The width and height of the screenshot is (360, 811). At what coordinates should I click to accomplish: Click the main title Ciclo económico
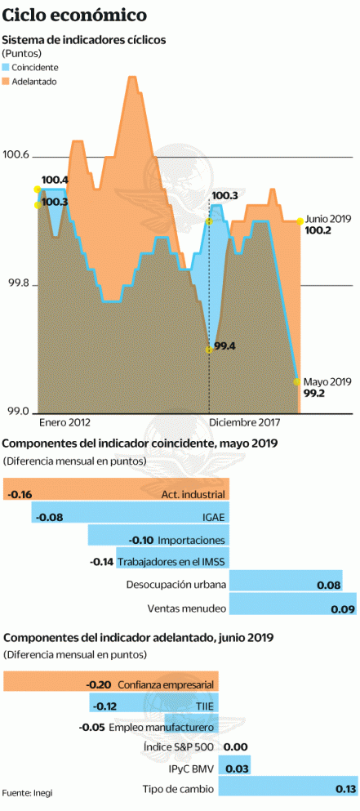point(75,16)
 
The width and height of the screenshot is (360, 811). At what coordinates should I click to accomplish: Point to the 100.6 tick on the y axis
point(16,155)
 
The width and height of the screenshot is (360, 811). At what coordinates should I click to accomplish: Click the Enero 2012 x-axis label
point(64,423)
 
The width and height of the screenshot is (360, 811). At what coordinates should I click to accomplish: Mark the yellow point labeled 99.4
point(209,349)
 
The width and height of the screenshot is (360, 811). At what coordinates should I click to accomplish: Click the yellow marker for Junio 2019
point(300,221)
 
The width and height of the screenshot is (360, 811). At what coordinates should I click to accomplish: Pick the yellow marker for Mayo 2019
point(296,381)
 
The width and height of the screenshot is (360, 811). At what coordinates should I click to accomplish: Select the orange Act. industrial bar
point(116,494)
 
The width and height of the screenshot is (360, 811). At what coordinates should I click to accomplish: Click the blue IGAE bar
point(131,516)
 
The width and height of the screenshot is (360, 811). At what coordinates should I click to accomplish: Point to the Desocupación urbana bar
point(285,585)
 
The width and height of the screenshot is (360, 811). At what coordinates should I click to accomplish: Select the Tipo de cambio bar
point(289,789)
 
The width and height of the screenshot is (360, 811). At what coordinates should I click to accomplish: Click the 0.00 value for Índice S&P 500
point(235,746)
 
